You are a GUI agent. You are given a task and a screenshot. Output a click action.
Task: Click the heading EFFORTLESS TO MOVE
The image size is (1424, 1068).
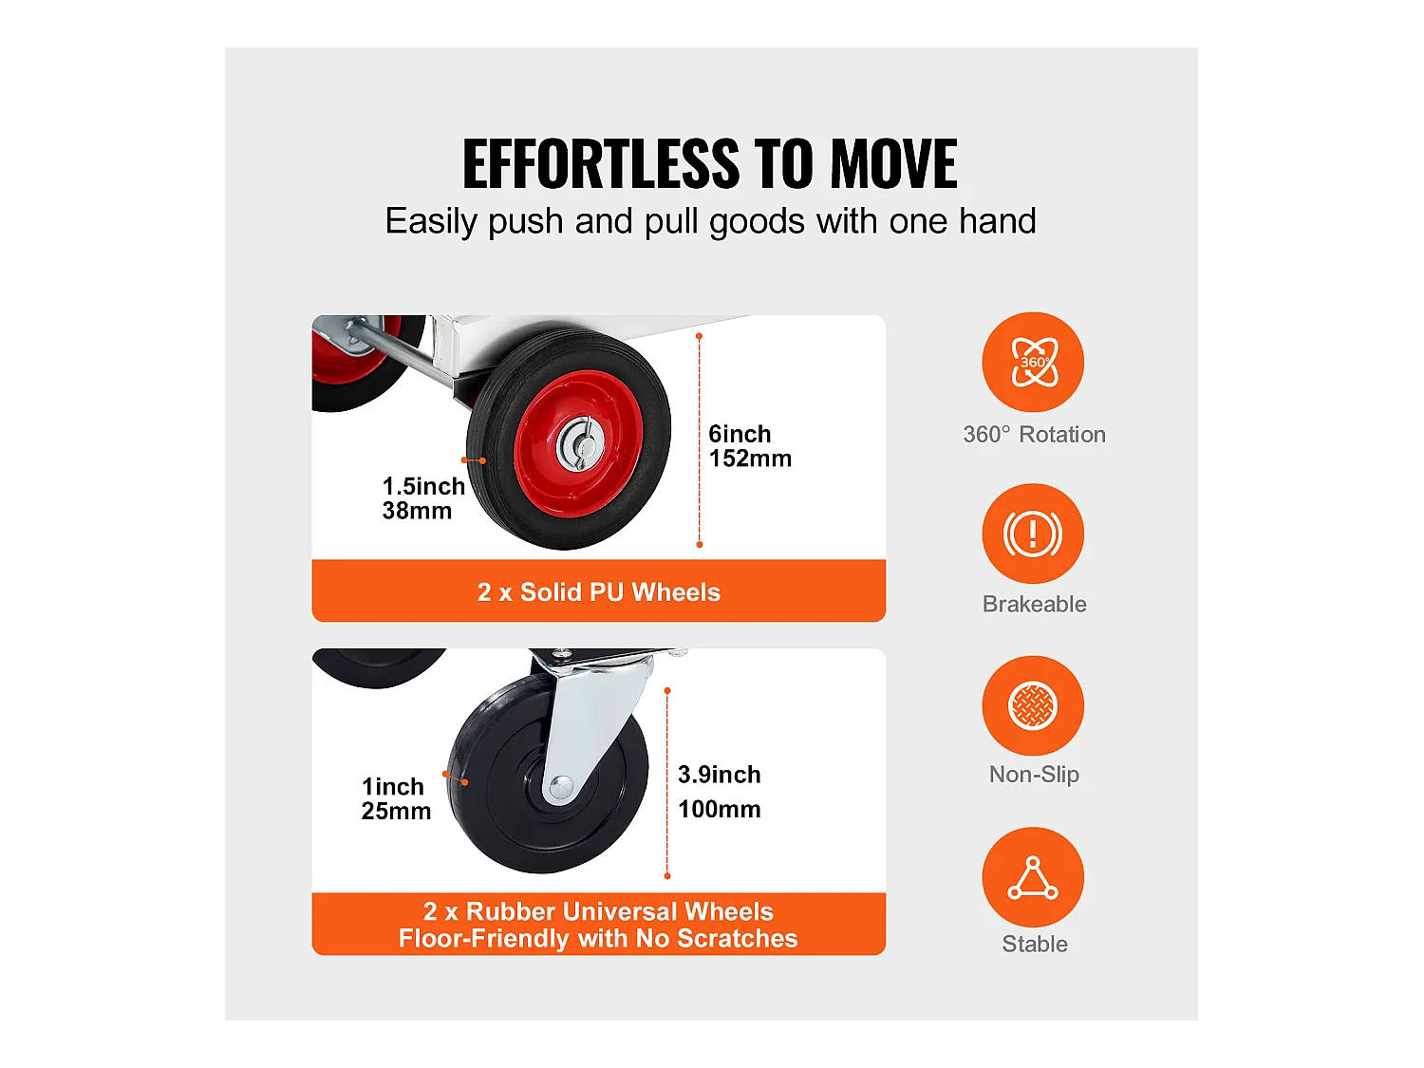(710, 163)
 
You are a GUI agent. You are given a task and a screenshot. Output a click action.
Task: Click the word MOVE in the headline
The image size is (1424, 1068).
(893, 163)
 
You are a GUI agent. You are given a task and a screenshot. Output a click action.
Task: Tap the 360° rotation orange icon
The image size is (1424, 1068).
(1032, 362)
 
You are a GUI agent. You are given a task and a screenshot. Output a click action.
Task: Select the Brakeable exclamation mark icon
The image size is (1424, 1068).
(1032, 534)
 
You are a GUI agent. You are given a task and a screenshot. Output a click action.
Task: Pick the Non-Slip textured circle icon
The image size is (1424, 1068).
(1032, 705)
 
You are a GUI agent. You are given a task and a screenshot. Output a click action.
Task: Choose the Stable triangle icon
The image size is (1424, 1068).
(1032, 877)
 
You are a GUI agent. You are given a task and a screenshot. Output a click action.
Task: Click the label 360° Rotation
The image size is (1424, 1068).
(1034, 435)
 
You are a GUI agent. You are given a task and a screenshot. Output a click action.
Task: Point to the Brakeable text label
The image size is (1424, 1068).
(1034, 605)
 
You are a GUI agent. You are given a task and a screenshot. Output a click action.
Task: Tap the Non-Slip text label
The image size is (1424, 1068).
(1034, 775)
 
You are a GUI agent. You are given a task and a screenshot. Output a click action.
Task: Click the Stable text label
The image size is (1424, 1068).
(1034, 945)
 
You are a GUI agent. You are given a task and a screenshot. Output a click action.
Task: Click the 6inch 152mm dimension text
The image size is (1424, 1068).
(750, 446)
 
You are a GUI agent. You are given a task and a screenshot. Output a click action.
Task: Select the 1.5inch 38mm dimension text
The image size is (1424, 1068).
(423, 498)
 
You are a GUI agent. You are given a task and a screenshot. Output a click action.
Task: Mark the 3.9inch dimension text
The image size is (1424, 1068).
(720, 775)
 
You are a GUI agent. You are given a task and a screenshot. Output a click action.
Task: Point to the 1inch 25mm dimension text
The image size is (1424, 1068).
(396, 798)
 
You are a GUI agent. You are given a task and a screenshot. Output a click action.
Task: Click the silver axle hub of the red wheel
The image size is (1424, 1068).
(580, 444)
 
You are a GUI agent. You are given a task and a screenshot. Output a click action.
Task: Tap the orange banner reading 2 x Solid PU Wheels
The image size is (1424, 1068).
(598, 590)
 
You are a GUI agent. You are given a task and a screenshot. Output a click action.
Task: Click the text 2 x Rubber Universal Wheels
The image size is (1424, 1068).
(598, 911)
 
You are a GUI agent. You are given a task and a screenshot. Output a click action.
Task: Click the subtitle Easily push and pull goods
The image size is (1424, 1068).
(710, 222)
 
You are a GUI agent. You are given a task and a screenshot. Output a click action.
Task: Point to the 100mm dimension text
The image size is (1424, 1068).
(720, 809)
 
